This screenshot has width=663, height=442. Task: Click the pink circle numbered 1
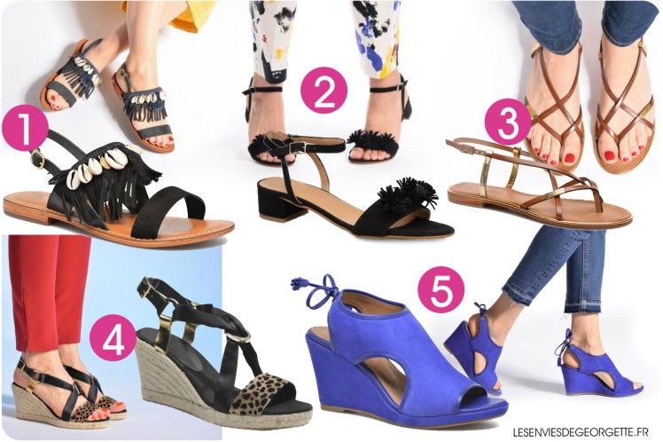(25, 128)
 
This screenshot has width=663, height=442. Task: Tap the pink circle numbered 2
(324, 91)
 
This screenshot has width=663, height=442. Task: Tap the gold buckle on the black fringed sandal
(37, 158)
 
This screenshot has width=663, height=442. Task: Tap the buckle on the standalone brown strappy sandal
(466, 148)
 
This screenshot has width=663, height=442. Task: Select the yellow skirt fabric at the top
(183, 12)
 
